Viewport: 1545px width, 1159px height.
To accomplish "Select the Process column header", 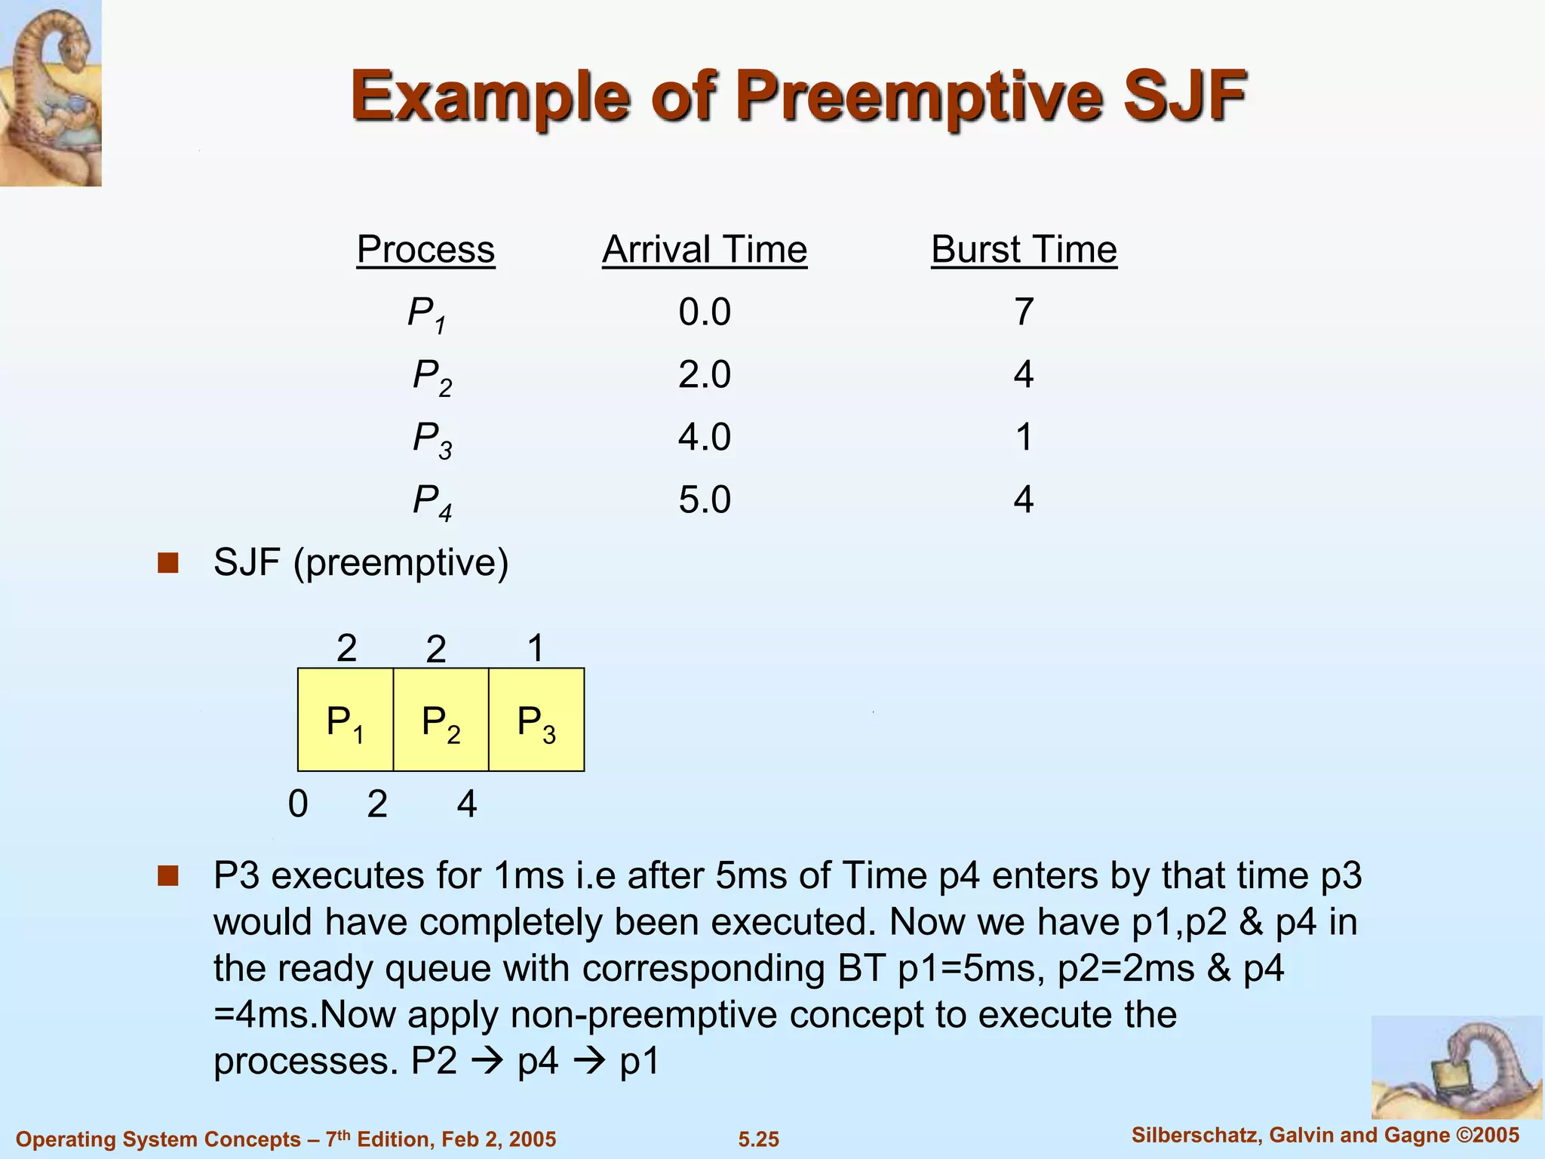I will (x=425, y=249).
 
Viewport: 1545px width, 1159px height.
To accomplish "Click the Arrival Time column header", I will (x=705, y=249).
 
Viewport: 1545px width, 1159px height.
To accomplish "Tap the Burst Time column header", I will (x=1024, y=249).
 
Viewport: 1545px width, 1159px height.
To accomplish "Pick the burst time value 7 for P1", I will (x=1023, y=312).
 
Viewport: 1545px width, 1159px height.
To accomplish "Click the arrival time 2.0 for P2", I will (x=705, y=374).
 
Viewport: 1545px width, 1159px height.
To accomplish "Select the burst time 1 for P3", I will (x=1023, y=437).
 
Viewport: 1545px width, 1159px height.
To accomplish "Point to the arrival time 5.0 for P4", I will (x=705, y=500).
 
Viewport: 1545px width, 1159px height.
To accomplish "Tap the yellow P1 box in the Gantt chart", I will (x=346, y=720).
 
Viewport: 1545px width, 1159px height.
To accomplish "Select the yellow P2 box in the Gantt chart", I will (x=441, y=720).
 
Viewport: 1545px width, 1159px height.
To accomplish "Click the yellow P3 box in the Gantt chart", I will (x=536, y=720).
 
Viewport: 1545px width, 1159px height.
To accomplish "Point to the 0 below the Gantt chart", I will (x=298, y=804).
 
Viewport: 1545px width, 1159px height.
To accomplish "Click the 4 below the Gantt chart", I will (x=467, y=804).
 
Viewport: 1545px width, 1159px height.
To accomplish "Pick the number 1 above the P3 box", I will (x=536, y=648).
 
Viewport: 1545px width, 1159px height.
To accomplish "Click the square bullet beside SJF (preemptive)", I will (x=167, y=563).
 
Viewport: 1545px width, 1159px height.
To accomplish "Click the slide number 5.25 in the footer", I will (x=758, y=1139).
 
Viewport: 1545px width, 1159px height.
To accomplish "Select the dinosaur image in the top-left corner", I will (x=51, y=92).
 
